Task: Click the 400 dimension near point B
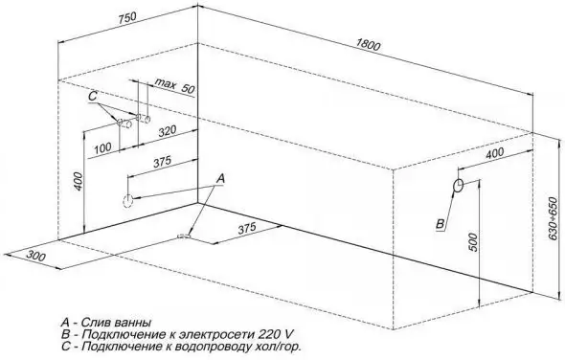(x=496, y=153)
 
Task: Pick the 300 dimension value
(x=35, y=256)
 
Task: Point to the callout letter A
(x=219, y=178)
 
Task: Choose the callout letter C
(x=93, y=97)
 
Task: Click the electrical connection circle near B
(x=459, y=185)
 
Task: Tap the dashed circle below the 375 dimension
(x=125, y=200)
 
